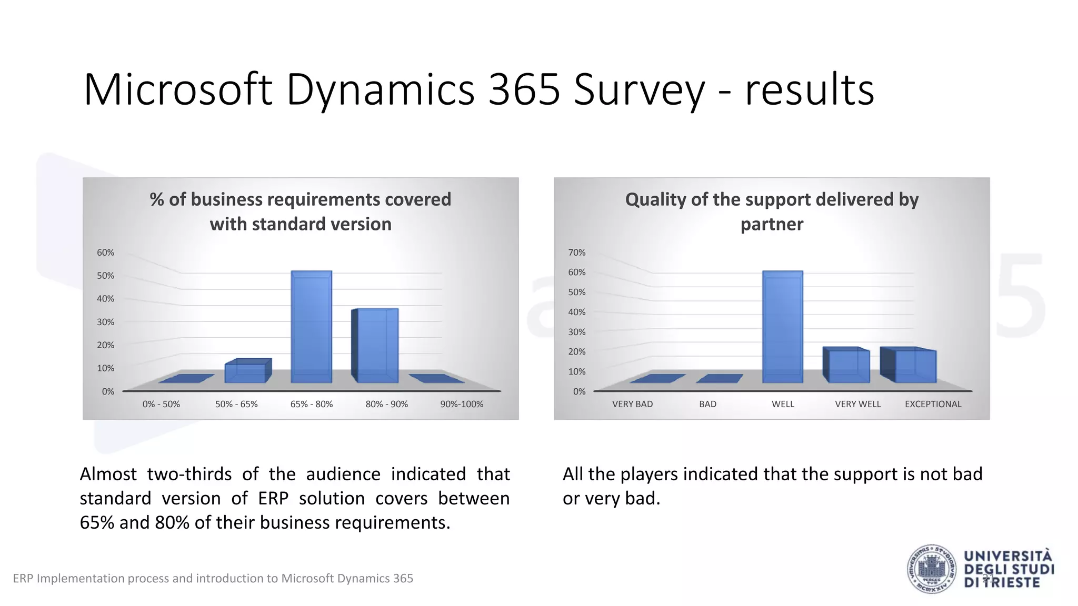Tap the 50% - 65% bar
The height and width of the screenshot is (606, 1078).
click(246, 372)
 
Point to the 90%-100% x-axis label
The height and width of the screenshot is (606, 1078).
click(462, 404)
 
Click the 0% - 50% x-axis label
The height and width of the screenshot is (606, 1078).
click(161, 404)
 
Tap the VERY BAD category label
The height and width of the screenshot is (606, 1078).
click(632, 404)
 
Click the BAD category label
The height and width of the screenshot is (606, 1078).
click(707, 404)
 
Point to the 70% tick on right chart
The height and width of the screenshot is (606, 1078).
click(576, 252)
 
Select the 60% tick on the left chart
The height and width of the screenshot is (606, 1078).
click(105, 252)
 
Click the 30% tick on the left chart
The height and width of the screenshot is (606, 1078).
click(105, 322)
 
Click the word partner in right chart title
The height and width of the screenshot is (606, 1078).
click(772, 225)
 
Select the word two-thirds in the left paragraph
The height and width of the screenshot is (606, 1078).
click(189, 474)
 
